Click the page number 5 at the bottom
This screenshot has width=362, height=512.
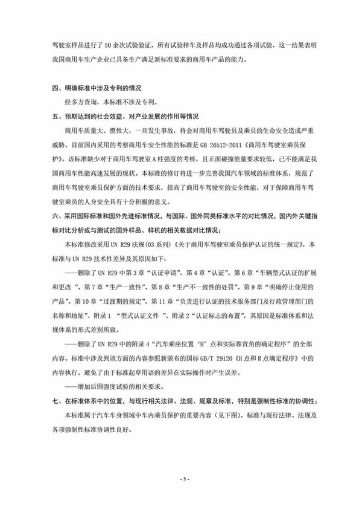coord(181,479)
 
